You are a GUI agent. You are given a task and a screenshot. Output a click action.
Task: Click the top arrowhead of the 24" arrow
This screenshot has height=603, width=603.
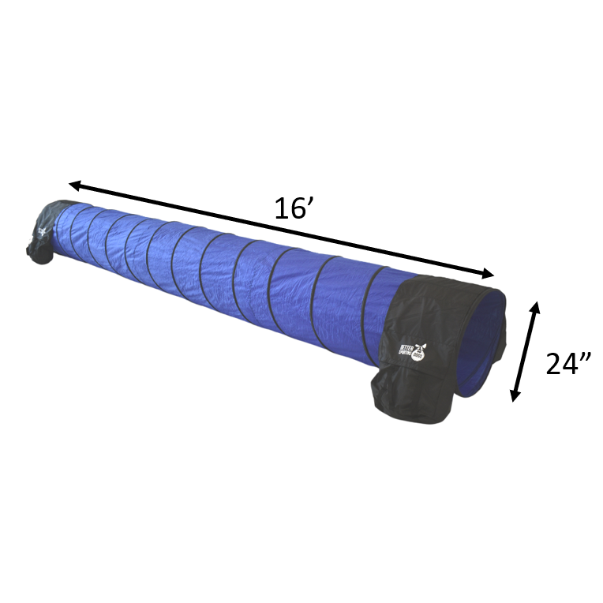tap(537, 306)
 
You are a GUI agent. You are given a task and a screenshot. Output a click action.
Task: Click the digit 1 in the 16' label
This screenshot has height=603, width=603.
tap(282, 208)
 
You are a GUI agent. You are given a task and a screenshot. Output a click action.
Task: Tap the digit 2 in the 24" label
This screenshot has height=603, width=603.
tap(554, 365)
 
